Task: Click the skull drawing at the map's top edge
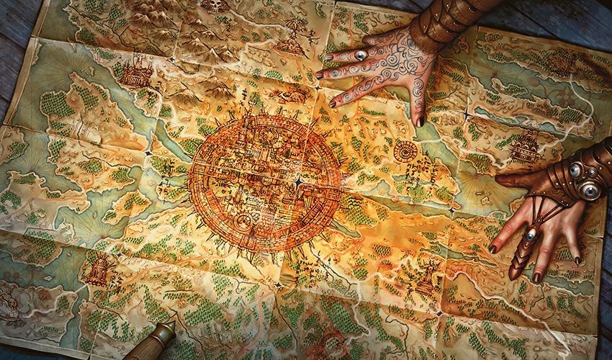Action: pyautogui.click(x=214, y=6)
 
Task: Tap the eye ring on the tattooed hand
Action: pyautogui.click(x=359, y=55)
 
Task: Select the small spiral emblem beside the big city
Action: pyautogui.click(x=405, y=151)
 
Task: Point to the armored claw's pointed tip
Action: pyautogui.click(x=513, y=275)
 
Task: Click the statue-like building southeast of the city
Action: pyautogui.click(x=428, y=277)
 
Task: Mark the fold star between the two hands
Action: pyautogui.click(x=466, y=115)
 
